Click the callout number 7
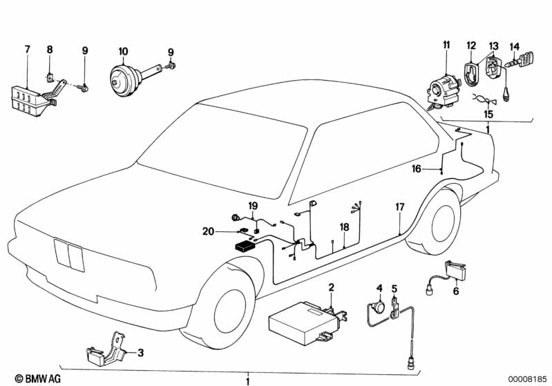click(28, 49)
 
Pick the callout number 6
click(455, 291)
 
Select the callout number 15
click(488, 113)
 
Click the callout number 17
click(399, 206)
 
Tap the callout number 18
click(344, 226)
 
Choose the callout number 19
click(253, 206)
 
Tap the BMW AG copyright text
click(25, 378)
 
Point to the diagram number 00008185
click(529, 378)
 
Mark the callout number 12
click(471, 46)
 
